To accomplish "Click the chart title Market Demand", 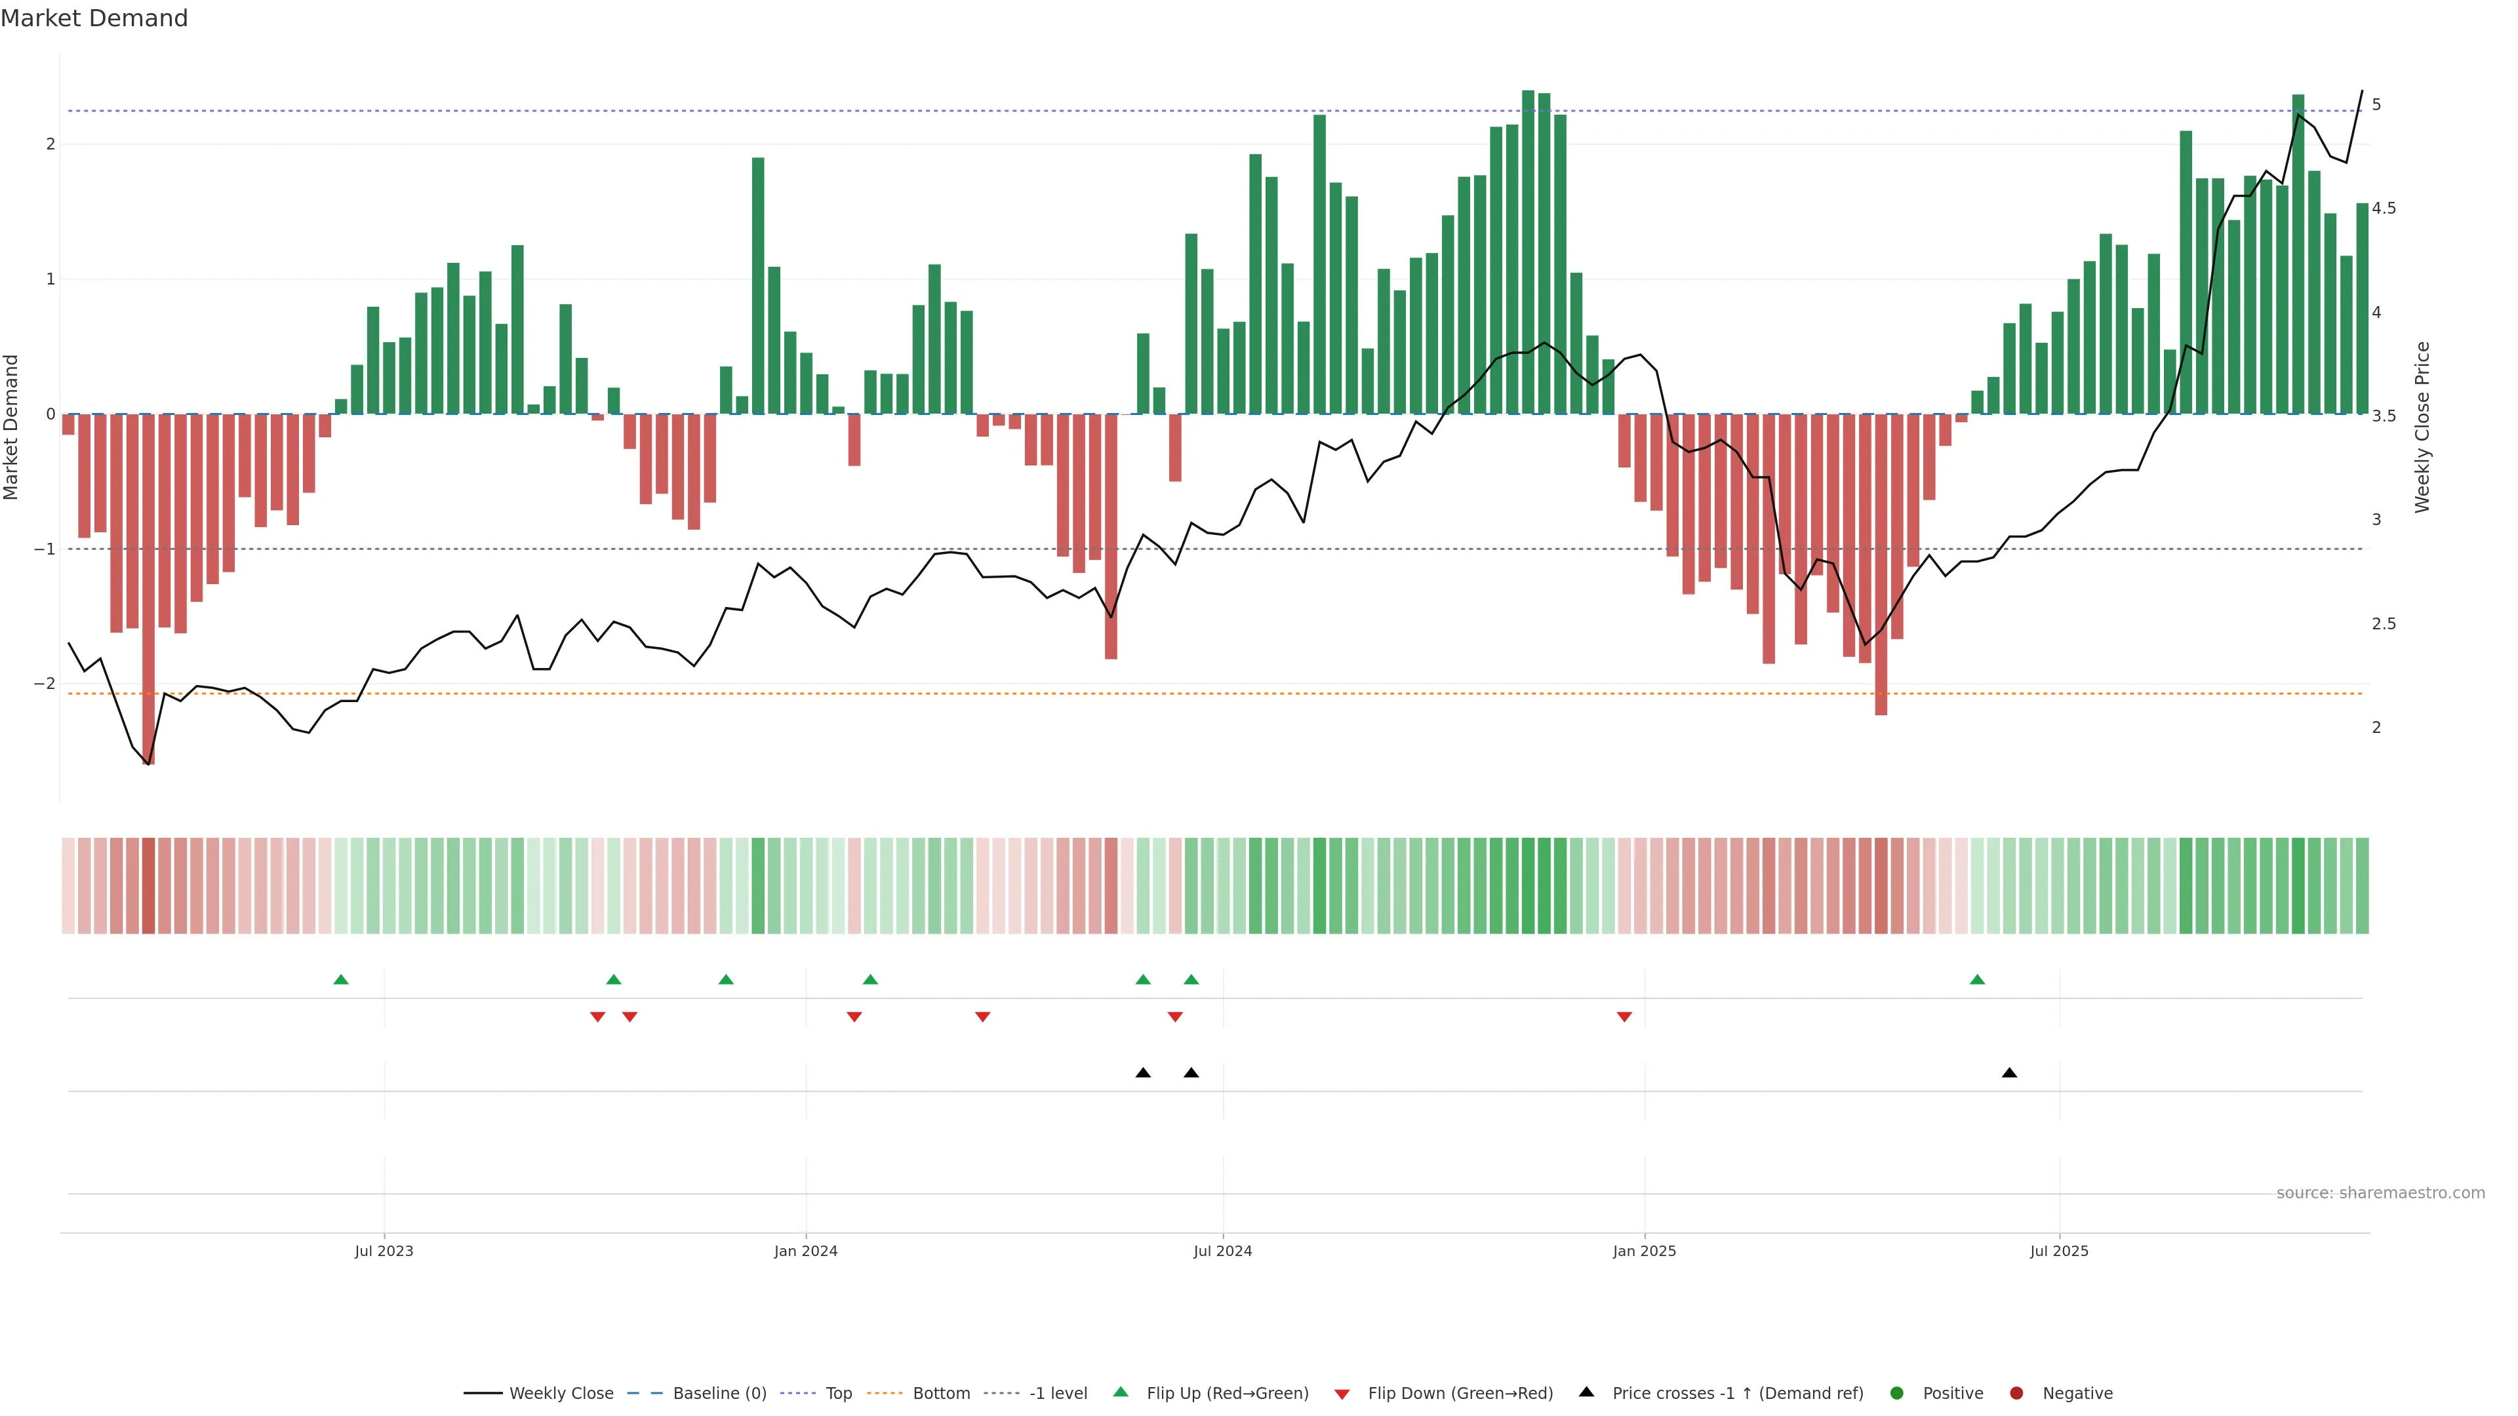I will tap(94, 18).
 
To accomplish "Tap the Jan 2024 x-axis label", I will tap(805, 1251).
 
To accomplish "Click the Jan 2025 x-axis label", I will tap(1644, 1251).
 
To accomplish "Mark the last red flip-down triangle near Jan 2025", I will tap(1625, 1017).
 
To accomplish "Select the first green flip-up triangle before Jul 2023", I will tap(341, 979).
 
